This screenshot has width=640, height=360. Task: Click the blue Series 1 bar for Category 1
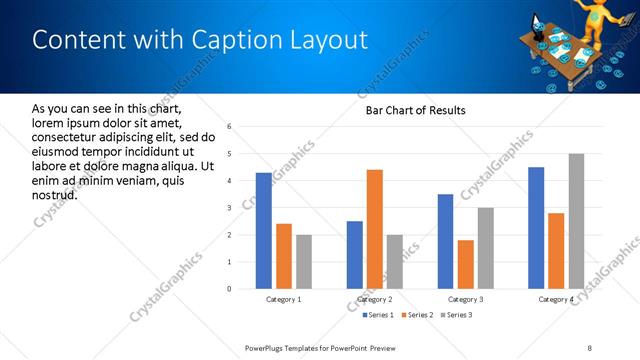264,231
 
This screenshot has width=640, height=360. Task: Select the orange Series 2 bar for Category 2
375,229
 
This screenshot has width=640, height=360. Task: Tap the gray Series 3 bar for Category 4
576,221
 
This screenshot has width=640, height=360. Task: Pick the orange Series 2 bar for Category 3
466,264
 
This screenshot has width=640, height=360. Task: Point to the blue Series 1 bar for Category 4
536,228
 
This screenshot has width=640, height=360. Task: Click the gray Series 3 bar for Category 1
304,262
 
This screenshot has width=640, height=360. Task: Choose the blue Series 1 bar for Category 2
355,255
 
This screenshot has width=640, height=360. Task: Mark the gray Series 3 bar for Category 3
486,248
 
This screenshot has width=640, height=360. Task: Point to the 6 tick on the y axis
230,127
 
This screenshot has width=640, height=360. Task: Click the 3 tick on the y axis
230,208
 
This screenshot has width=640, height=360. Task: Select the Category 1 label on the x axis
284,300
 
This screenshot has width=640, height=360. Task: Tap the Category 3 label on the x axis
466,300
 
